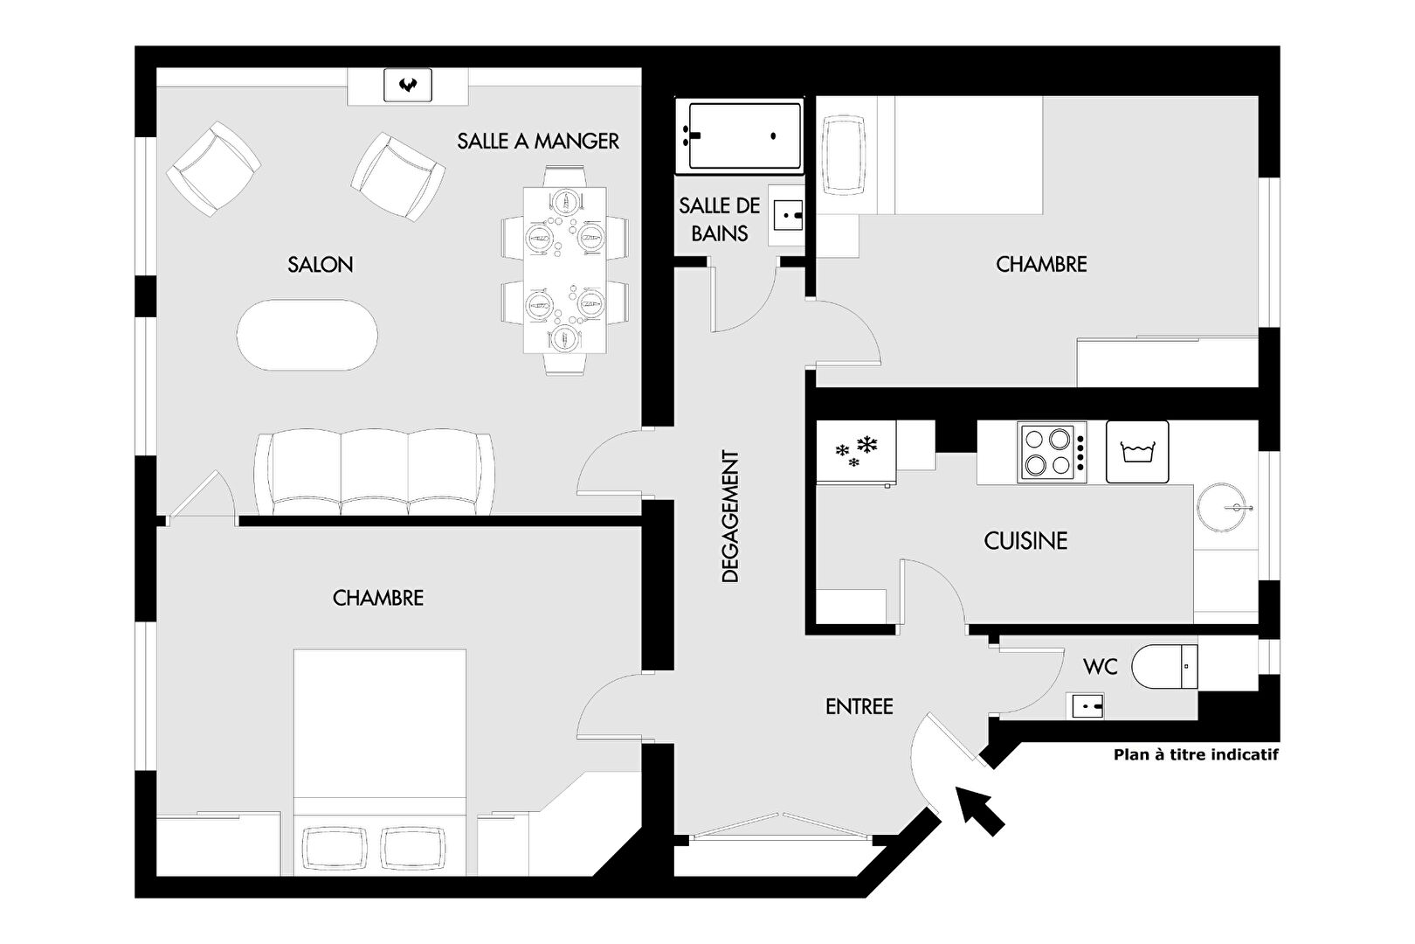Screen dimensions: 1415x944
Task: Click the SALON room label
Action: pyautogui.click(x=321, y=264)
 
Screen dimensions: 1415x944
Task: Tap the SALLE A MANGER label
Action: pyautogui.click(x=538, y=141)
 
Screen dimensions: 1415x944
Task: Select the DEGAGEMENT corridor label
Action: pyautogui.click(x=729, y=516)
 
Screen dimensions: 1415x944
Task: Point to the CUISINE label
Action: pyautogui.click(x=1025, y=540)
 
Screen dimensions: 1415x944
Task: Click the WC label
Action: pyautogui.click(x=1101, y=666)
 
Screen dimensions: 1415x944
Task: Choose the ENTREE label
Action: pyautogui.click(x=859, y=706)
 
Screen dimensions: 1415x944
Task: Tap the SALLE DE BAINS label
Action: pyautogui.click(x=720, y=219)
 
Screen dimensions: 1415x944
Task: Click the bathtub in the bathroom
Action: pyautogui.click(x=740, y=136)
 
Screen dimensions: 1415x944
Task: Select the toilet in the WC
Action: pyautogui.click(x=1164, y=666)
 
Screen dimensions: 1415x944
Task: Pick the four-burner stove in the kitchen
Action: pyautogui.click(x=1052, y=452)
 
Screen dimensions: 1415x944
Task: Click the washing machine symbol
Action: pyautogui.click(x=1137, y=452)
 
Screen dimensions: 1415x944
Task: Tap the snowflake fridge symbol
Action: pyautogui.click(x=856, y=452)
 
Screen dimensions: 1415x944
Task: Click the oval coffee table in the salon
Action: pyautogui.click(x=307, y=335)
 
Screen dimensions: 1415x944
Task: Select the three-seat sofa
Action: pyautogui.click(x=374, y=473)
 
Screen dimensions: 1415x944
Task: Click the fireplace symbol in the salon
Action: pyautogui.click(x=408, y=86)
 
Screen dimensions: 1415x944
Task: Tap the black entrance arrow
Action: pyautogui.click(x=979, y=811)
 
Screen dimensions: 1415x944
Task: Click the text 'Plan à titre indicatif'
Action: pyautogui.click(x=1196, y=754)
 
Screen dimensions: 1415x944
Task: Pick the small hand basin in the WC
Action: pyautogui.click(x=1085, y=705)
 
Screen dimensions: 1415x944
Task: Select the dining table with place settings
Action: pyautogui.click(x=565, y=270)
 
